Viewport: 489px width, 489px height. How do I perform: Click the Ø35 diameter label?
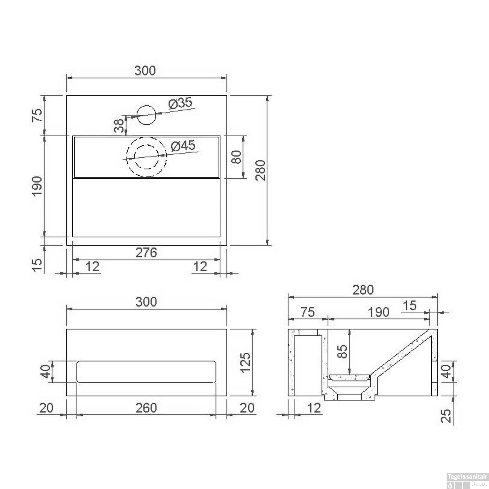(x=180, y=104)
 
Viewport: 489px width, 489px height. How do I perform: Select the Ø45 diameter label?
(x=183, y=146)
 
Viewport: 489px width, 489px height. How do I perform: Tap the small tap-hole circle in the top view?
(x=147, y=115)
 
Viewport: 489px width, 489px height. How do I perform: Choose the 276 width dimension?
(x=146, y=252)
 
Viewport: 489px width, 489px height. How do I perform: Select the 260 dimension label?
(x=146, y=407)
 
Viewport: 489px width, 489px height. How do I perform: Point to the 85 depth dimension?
(x=343, y=352)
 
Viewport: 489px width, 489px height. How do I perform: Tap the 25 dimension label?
(x=446, y=415)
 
